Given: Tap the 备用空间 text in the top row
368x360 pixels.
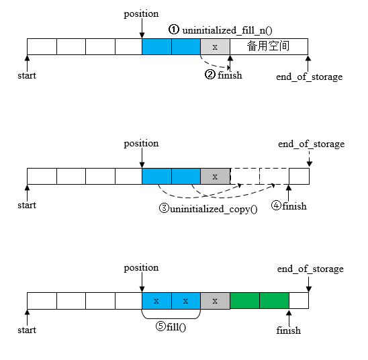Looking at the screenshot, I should click(268, 46).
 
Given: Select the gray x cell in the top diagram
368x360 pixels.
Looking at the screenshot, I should click(215, 47).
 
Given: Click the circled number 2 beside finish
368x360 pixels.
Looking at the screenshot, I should click(210, 75).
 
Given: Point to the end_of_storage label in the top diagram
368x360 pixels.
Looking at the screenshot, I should click(309, 77).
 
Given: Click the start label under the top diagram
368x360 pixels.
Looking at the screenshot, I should click(27, 75).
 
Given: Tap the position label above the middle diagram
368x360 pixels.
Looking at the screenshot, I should click(142, 144).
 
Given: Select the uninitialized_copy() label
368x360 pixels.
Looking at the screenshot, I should click(214, 208).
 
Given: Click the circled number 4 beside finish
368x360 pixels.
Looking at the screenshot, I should click(276, 206).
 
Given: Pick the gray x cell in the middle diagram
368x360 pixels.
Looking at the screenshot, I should click(215, 176).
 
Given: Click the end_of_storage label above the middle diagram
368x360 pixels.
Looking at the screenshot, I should click(311, 144).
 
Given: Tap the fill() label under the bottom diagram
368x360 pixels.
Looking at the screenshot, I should click(175, 326).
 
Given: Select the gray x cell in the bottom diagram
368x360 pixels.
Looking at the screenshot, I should click(215, 300).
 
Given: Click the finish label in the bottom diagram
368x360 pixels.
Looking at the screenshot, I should click(289, 330).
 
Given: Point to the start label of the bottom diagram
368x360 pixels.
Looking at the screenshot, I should click(27, 330).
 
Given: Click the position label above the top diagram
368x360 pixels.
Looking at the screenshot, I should click(142, 13).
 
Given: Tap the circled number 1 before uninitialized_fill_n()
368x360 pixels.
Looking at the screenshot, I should click(174, 30).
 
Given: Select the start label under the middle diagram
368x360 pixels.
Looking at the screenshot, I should click(27, 205).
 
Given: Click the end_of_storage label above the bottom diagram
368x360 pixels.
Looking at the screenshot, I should click(310, 269).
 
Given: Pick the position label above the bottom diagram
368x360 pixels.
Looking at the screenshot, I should click(142, 268).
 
